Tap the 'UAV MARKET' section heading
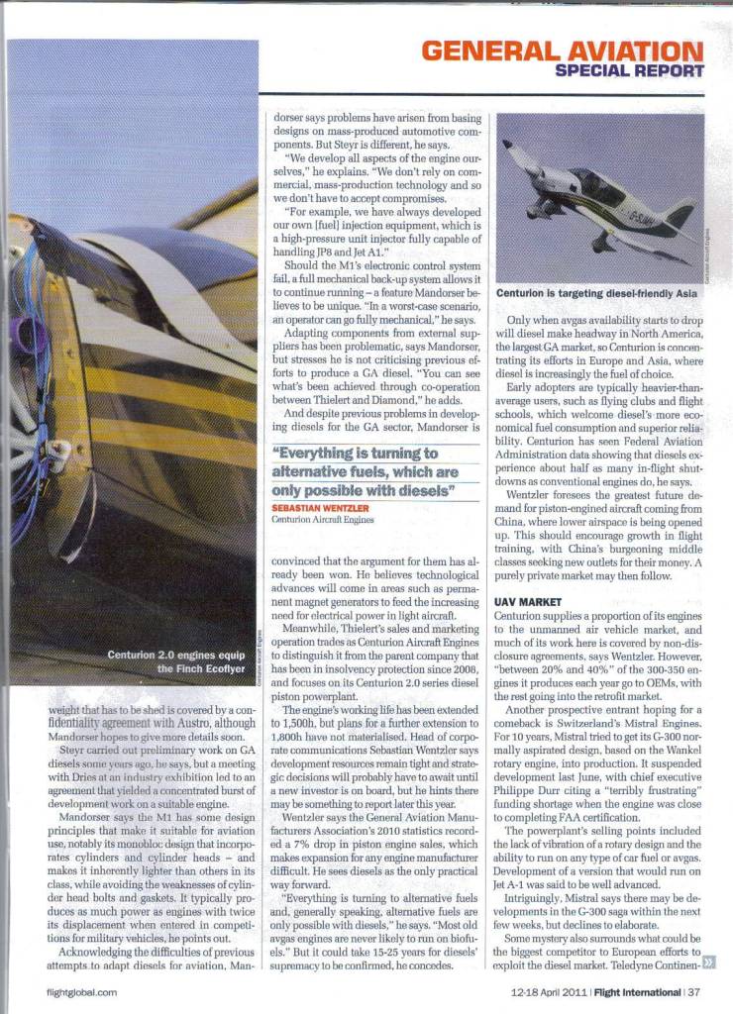[x=528, y=601]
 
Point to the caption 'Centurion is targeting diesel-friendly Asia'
[x=597, y=294]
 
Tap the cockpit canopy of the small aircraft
[x=596, y=183]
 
